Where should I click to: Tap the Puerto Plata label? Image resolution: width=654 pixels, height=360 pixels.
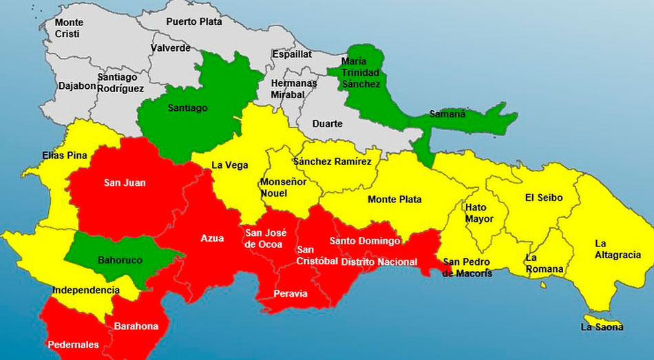click(x=194, y=21)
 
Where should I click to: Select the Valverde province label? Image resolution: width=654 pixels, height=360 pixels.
click(x=170, y=48)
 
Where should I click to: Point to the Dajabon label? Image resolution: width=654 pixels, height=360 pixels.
click(x=77, y=87)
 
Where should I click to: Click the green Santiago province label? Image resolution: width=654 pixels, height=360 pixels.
click(x=188, y=108)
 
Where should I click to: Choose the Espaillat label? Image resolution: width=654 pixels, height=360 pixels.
click(x=292, y=54)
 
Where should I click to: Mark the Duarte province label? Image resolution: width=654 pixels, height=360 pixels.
click(x=327, y=124)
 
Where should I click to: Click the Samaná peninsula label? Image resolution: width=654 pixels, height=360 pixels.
click(x=447, y=114)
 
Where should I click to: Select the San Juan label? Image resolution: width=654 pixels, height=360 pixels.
click(x=125, y=182)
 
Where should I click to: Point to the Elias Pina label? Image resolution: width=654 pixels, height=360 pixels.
click(x=65, y=156)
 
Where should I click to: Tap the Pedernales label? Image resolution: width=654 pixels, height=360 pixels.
click(x=73, y=344)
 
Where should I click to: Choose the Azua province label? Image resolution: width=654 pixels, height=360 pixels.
click(x=212, y=238)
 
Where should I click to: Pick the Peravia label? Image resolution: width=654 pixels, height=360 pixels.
click(x=291, y=293)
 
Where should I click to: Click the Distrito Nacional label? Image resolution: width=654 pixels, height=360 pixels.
click(x=379, y=262)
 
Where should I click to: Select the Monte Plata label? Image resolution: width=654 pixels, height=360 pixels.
click(x=394, y=200)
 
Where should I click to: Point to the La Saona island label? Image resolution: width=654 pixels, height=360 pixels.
click(x=602, y=327)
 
